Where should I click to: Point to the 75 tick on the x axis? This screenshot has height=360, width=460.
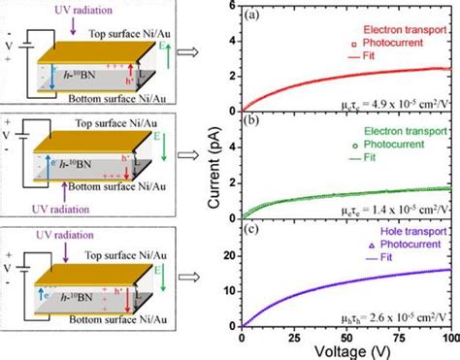click(398, 339)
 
